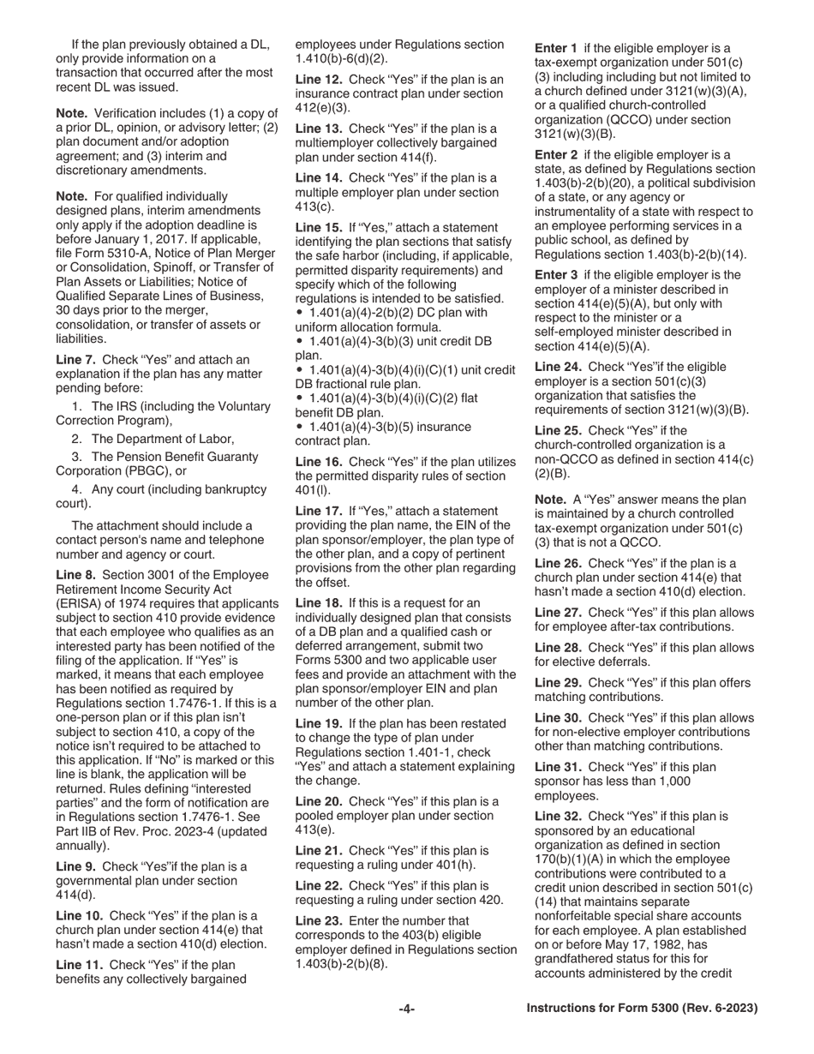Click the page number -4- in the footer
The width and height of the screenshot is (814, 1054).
coord(406,1009)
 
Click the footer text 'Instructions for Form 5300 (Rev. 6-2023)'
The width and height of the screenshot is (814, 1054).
coord(641,1009)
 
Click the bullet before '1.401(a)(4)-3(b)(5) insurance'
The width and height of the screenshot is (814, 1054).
coord(299,427)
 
